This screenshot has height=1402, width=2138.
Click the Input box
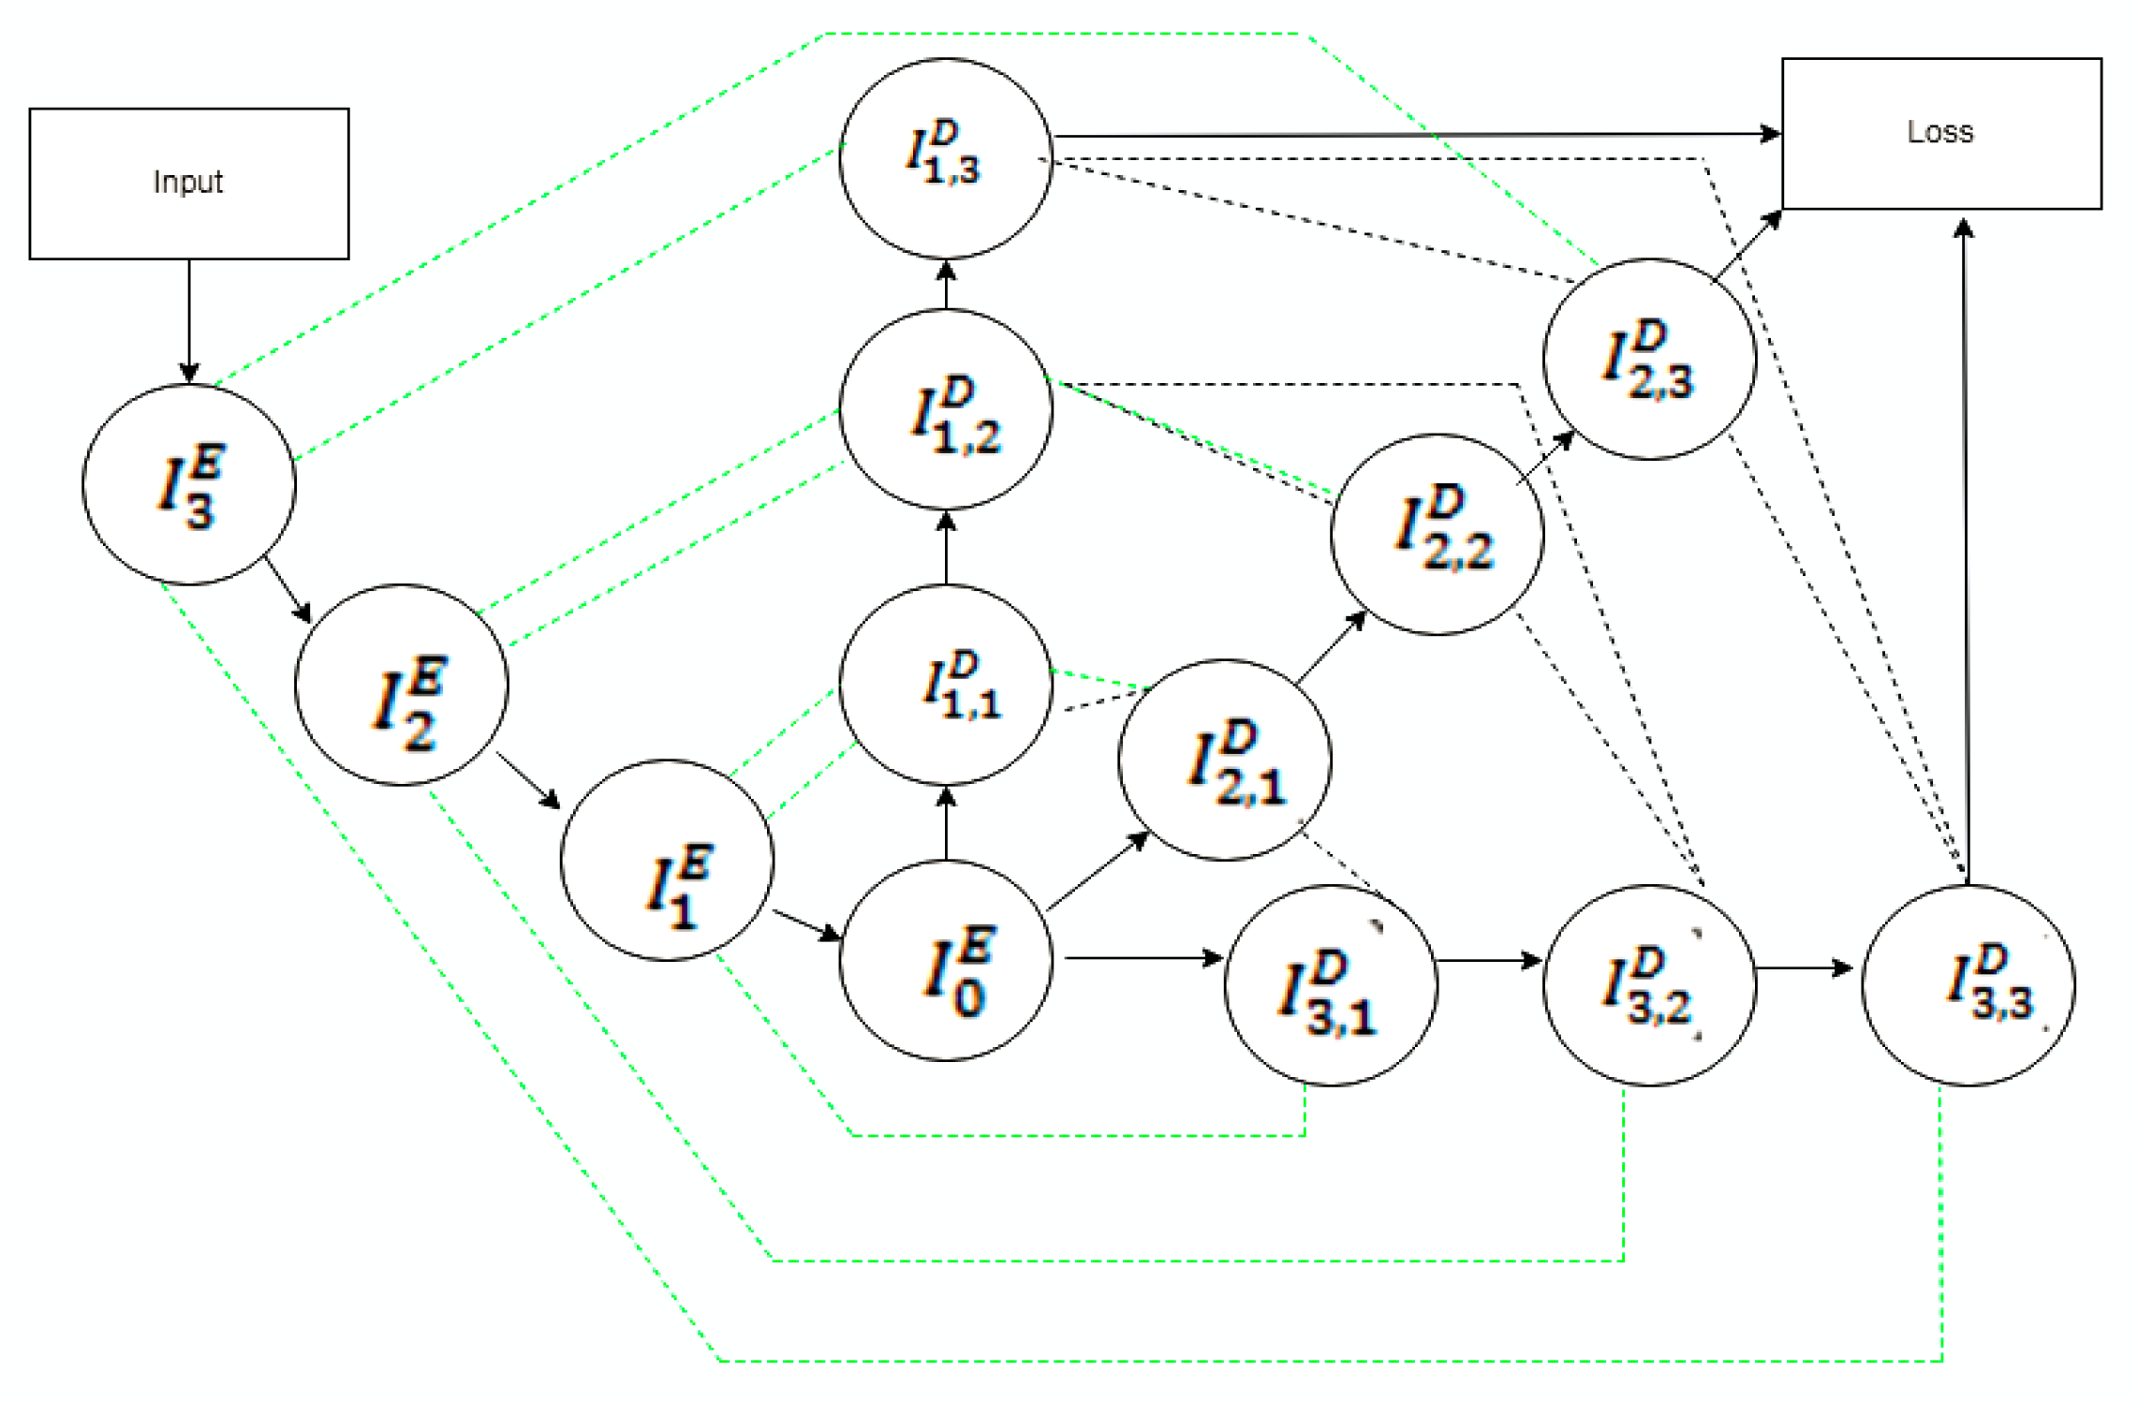pos(188,183)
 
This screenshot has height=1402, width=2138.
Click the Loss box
pos(1940,133)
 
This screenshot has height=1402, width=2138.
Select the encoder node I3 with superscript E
pos(188,484)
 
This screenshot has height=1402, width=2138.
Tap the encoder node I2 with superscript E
pos(401,685)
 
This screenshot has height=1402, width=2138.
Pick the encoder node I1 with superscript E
pos(667,860)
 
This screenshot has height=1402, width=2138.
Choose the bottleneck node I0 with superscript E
pos(945,960)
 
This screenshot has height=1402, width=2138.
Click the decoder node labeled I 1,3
pos(945,157)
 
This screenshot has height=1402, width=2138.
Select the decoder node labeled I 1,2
pos(945,409)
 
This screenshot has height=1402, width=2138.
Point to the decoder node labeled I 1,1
pos(945,685)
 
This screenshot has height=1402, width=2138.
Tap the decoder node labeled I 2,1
pos(1224,760)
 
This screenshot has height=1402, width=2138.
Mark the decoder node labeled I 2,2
pos(1437,534)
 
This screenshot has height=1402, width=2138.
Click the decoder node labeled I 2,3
pos(1649,359)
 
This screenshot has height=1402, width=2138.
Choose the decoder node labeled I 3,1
pos(1330,985)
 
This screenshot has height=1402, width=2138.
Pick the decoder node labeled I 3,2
pos(1649,985)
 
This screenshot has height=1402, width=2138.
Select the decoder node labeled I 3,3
pos(1968,985)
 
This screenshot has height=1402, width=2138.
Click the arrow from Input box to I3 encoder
pos(188,318)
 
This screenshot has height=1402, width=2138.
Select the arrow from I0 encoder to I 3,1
pos(1143,958)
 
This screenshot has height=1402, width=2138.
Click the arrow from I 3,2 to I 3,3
pos(1803,967)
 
